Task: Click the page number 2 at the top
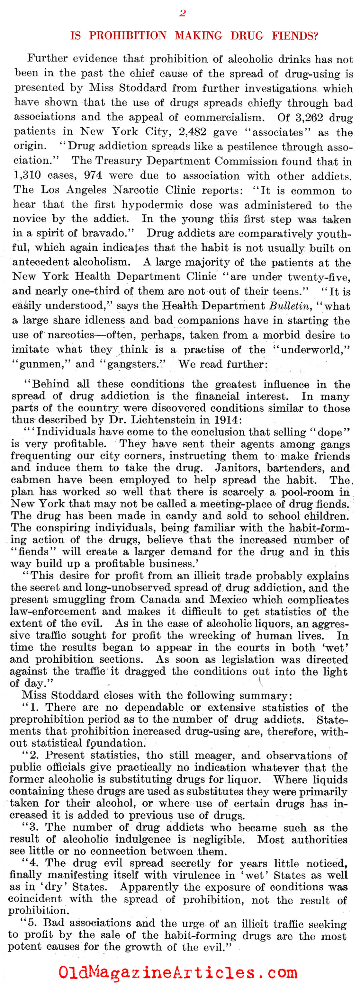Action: click(182, 13)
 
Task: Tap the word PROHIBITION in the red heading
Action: click(128, 36)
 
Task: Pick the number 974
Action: click(93, 175)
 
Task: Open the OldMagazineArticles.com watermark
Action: click(178, 972)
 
